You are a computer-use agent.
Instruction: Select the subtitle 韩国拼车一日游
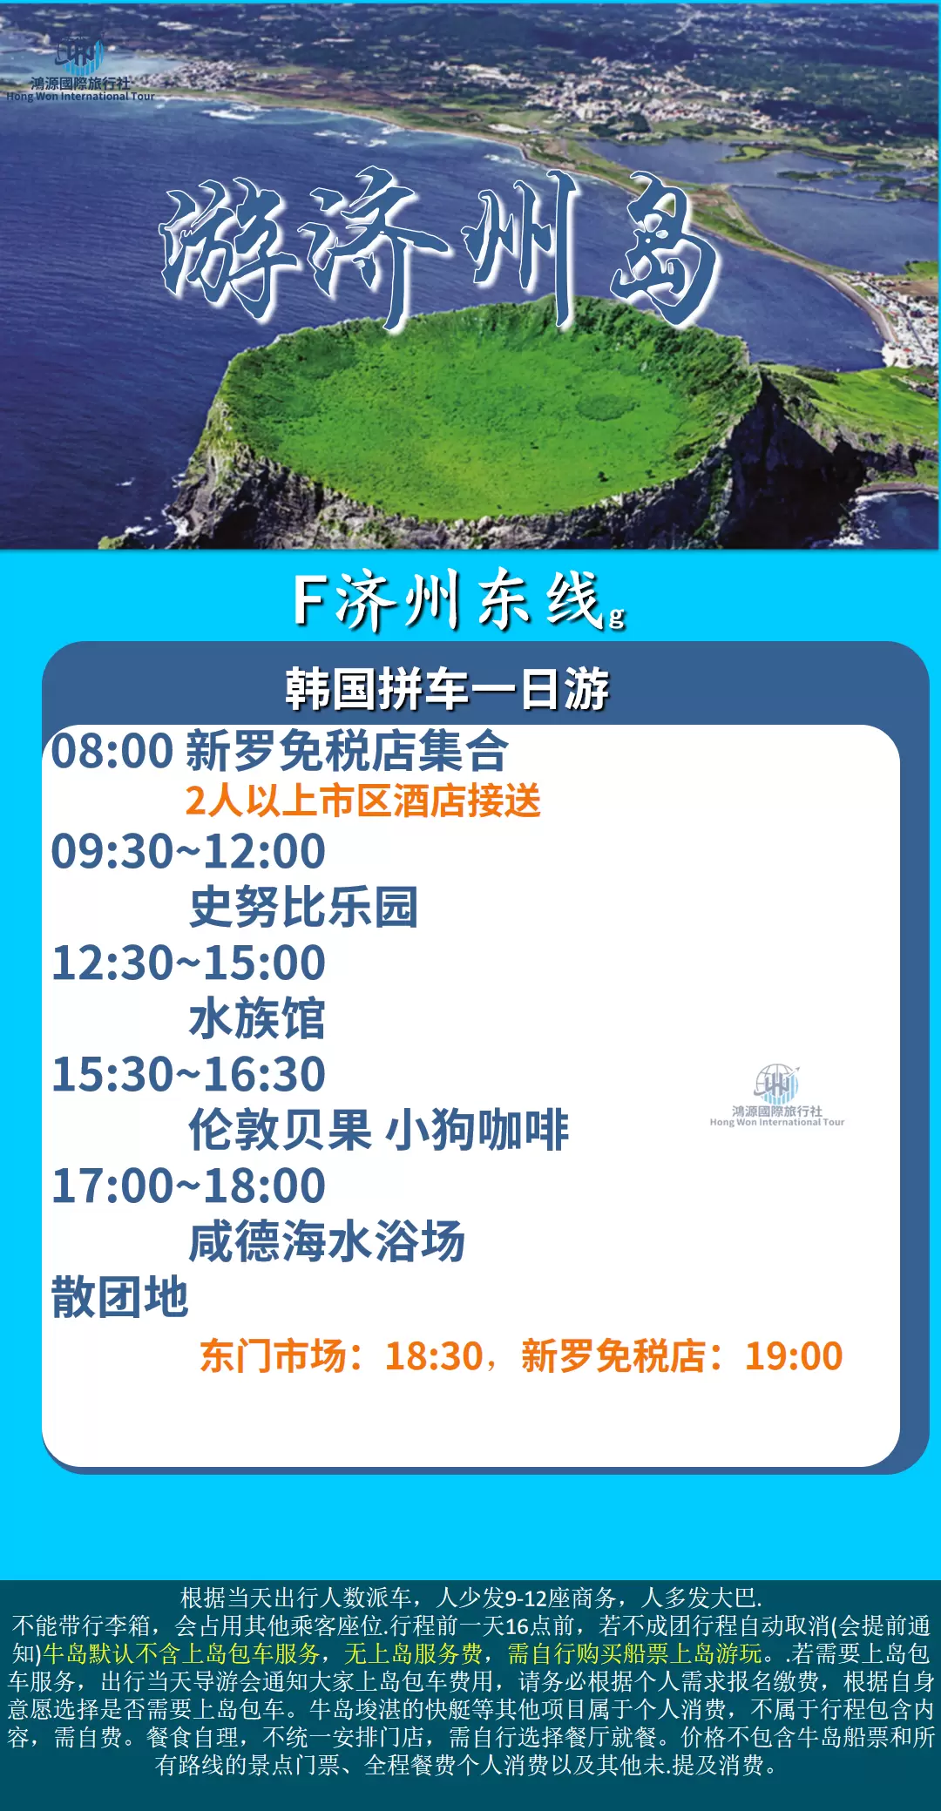447,689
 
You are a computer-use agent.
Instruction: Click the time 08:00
112,751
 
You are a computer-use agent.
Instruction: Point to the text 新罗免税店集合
347,751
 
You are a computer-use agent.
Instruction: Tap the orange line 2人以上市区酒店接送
363,801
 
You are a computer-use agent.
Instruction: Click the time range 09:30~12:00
188,851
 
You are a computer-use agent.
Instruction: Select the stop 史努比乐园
304,907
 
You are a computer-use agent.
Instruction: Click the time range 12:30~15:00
188,963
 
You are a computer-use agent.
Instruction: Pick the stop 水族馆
257,1018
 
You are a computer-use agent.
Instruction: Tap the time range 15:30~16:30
188,1074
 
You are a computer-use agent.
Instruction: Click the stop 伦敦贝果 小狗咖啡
379,1130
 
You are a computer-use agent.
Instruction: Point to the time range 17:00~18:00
188,1186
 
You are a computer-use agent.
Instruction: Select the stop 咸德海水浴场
328,1241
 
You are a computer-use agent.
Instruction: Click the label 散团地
120,1297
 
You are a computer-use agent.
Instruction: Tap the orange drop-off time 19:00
794,1356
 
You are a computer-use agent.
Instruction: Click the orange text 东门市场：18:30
342,1356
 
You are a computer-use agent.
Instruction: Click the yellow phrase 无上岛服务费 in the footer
413,1653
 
